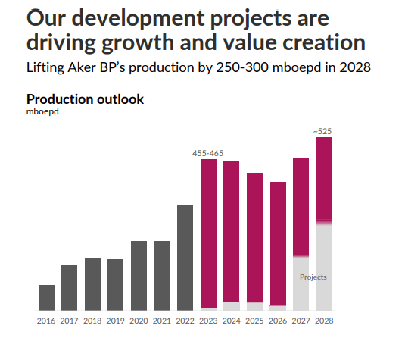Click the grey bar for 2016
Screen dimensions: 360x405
[46, 298]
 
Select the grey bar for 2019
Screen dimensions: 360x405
[116, 285]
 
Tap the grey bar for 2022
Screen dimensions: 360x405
[185, 258]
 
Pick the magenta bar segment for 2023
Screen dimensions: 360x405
[209, 233]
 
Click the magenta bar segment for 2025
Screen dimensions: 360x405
[255, 237]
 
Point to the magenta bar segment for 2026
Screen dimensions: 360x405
[278, 243]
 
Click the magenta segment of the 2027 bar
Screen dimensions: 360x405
[301, 207]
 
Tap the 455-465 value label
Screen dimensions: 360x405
[208, 153]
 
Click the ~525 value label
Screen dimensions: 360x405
[324, 131]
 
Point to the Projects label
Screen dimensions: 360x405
[313, 277]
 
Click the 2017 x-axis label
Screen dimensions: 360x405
[70, 321]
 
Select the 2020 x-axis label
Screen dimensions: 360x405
[139, 321]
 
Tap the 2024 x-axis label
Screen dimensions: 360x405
[232, 321]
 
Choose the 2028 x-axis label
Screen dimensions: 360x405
[324, 321]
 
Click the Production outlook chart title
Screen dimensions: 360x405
[85, 99]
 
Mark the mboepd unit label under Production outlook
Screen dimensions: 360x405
[42, 112]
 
